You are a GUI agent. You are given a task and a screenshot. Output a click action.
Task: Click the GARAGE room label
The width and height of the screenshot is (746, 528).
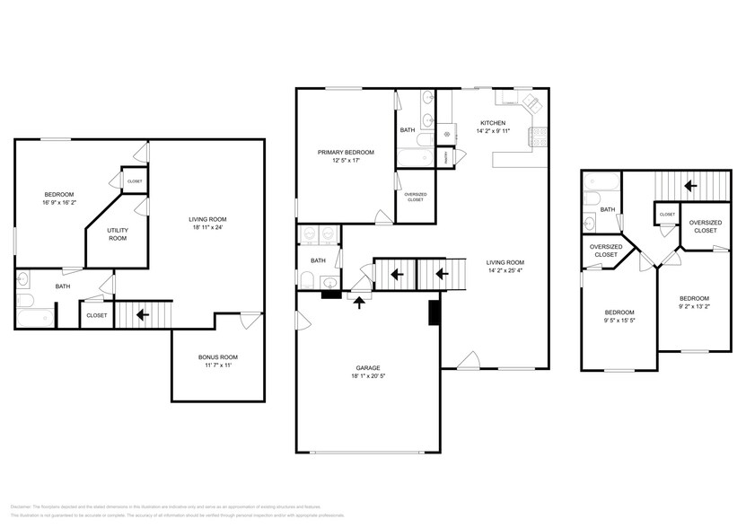click(367, 367)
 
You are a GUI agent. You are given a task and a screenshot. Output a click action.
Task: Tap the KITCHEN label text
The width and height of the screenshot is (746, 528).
click(493, 123)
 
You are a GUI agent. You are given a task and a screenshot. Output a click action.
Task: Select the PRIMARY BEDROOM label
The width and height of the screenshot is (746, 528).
click(346, 153)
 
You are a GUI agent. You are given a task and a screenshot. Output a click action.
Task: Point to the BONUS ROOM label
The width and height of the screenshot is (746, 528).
click(218, 357)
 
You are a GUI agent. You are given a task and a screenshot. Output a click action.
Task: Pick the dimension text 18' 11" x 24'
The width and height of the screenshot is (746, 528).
click(206, 227)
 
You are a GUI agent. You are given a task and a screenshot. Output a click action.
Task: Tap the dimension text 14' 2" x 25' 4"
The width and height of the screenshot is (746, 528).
click(493, 270)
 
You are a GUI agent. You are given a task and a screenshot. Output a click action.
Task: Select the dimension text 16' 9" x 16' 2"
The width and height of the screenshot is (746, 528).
click(59, 203)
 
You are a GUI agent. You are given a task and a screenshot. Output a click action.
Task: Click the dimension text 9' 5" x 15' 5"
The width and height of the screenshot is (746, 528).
click(619, 321)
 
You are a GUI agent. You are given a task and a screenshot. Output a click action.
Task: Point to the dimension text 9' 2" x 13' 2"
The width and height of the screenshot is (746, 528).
click(693, 306)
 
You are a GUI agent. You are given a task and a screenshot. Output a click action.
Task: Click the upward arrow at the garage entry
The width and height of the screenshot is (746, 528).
click(361, 303)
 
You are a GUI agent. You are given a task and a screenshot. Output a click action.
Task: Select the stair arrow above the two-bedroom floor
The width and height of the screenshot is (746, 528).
click(689, 186)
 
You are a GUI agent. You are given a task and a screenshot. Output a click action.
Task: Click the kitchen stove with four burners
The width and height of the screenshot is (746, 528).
click(538, 135)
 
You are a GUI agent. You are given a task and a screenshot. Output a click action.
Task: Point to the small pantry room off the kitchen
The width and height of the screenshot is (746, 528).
click(447, 156)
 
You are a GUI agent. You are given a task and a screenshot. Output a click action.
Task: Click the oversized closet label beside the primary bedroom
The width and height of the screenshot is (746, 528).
click(416, 197)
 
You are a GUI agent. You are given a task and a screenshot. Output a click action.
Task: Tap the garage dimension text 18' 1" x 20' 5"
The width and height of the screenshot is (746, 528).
click(367, 376)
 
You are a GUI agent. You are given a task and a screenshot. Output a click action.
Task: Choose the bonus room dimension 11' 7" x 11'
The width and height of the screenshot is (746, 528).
click(218, 366)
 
